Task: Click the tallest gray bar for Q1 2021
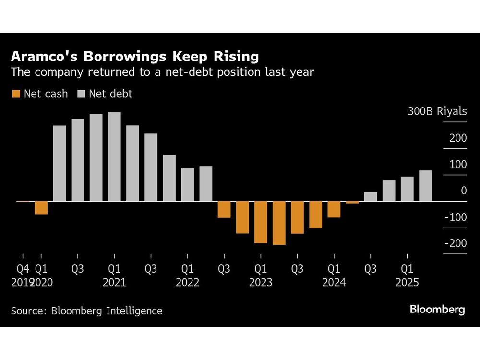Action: (x=114, y=156)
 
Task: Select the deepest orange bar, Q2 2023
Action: (x=279, y=223)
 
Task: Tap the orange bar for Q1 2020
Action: (x=41, y=208)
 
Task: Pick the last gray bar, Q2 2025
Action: (x=425, y=186)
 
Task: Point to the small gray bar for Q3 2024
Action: (x=371, y=197)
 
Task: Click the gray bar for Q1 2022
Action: (x=188, y=185)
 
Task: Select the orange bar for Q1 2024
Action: (x=334, y=210)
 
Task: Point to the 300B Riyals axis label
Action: (x=437, y=112)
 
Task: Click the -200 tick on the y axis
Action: (x=456, y=244)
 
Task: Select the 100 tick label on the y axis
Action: (x=458, y=165)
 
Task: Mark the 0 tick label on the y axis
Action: (x=464, y=191)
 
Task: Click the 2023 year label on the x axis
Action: (x=261, y=283)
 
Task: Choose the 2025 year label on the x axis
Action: (x=407, y=283)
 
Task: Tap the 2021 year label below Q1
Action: (x=114, y=283)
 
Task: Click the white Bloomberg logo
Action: (x=437, y=310)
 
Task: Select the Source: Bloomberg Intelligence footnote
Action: (x=87, y=311)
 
